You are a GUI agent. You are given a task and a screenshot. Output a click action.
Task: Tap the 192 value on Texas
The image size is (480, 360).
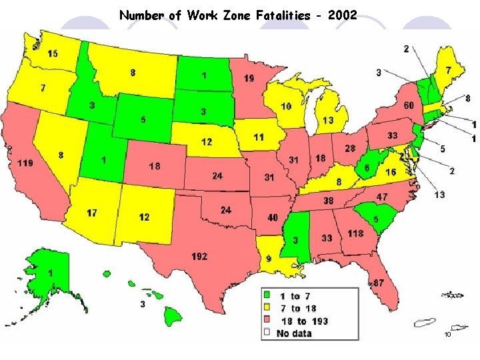(199, 256)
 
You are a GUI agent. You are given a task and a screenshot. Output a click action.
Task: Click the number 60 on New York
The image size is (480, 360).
(408, 106)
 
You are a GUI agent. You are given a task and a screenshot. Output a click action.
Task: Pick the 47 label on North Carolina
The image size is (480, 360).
(382, 197)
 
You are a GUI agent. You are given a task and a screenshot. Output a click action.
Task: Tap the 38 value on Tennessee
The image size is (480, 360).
(329, 200)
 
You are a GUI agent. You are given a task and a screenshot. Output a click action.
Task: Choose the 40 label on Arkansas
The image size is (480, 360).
(272, 217)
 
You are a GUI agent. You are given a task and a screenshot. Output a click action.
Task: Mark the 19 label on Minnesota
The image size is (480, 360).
(249, 78)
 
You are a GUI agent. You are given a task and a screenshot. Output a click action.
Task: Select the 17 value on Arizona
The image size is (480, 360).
(92, 213)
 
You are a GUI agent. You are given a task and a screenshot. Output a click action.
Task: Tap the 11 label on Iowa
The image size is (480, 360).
(259, 137)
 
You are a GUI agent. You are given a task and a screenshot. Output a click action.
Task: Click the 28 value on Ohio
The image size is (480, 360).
(350, 148)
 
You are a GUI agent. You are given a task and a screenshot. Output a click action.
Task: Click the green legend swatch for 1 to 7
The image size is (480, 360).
(267, 295)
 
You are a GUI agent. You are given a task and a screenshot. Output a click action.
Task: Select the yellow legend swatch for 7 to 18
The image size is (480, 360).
(267, 308)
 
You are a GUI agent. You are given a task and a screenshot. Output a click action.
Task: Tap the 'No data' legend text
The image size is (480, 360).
(294, 333)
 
